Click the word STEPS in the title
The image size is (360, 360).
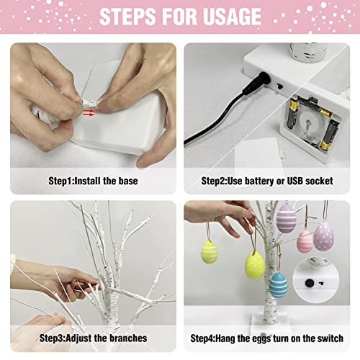point(127,17)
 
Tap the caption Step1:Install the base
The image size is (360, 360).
point(93,180)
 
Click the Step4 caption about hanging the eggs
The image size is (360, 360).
point(266,338)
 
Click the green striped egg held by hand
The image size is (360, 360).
point(209,251)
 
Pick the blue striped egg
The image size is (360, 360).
point(279,284)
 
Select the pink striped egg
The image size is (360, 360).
point(305,240)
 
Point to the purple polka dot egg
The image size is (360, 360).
point(324,235)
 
